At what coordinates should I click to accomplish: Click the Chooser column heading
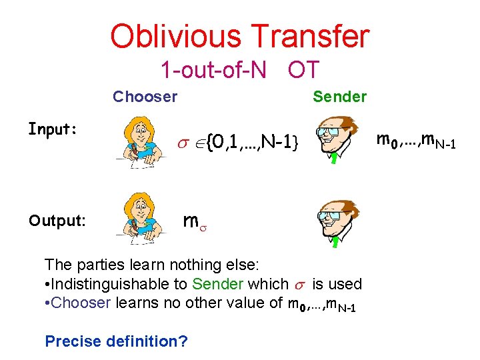tap(145, 97)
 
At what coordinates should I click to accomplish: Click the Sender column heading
tap(339, 97)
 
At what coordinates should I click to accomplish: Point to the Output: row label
tap(57, 219)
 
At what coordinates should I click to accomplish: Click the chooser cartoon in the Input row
tap(140, 141)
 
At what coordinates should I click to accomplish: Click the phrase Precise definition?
tap(116, 341)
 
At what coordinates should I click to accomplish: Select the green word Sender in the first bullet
tap(217, 284)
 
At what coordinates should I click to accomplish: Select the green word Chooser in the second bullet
tap(81, 303)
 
